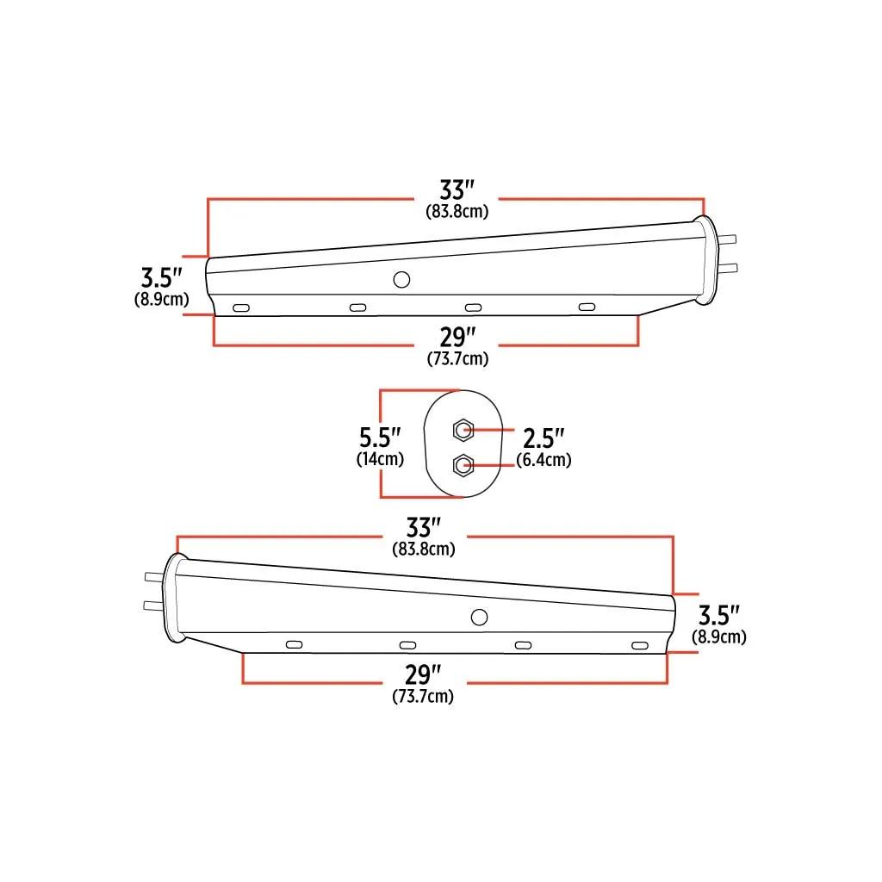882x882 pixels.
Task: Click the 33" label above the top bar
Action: coord(457,190)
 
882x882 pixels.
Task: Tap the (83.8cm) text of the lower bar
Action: coord(424,549)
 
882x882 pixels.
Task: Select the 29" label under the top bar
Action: coord(457,337)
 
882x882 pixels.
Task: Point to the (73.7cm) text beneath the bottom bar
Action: coord(423,696)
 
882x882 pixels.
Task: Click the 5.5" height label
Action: coord(380,437)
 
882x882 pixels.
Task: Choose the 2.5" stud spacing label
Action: coord(543,438)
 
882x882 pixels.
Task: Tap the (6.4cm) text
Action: coord(544,460)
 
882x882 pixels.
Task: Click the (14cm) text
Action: coord(380,458)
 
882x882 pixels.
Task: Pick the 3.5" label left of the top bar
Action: coord(161,277)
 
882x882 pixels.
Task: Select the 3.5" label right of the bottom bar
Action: coord(719,615)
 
